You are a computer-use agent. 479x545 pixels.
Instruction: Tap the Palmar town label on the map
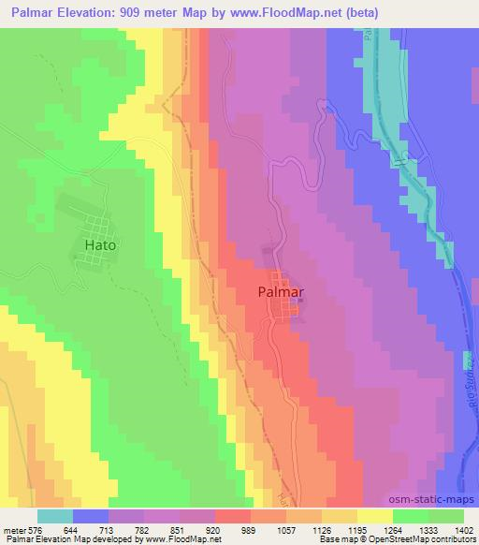click(282, 291)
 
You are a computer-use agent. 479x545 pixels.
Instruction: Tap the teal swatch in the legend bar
click(55, 515)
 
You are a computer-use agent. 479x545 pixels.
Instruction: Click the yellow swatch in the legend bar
click(375, 515)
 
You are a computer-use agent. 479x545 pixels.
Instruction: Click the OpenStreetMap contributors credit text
click(426, 539)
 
